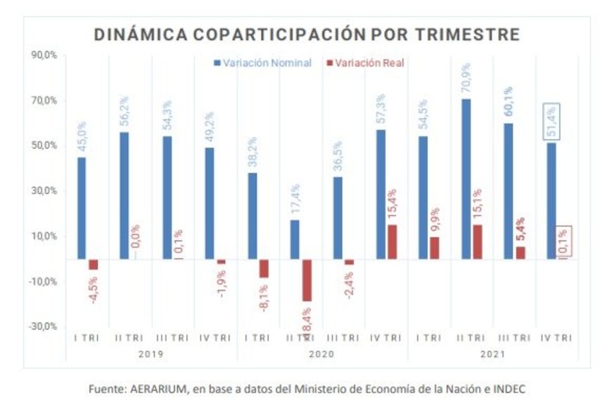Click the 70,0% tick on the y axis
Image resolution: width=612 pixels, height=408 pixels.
44,101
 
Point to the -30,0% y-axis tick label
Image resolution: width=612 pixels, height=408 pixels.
42,327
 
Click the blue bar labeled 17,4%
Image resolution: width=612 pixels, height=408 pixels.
295,240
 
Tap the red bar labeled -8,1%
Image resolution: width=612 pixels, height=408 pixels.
264,269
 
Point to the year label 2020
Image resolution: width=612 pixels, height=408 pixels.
321,354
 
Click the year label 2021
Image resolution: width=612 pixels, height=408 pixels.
492,354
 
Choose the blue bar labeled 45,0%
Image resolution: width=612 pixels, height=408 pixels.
82,208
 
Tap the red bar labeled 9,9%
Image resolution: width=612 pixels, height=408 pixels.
435,248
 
